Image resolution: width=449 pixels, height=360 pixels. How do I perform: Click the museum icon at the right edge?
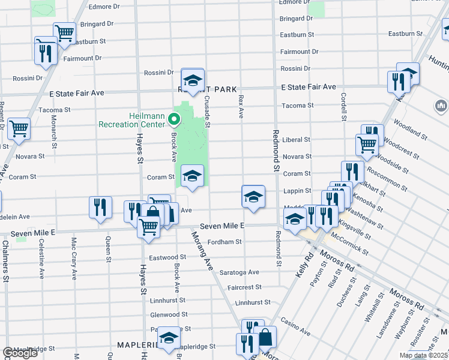click(x=441, y=106)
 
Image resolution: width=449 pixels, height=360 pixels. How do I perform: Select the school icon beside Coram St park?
click(x=192, y=176)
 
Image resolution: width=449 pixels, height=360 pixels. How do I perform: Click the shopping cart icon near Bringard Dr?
click(x=64, y=32)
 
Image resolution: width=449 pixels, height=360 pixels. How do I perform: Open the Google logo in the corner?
click(x=20, y=353)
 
